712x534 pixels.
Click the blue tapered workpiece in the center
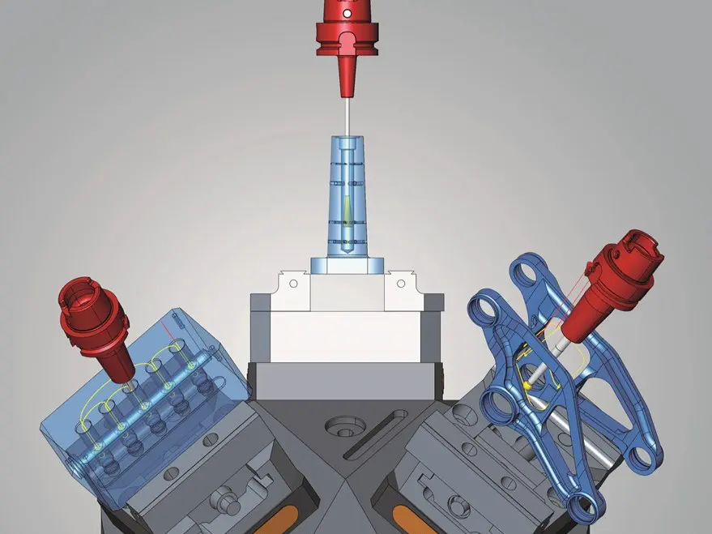coord(347,194)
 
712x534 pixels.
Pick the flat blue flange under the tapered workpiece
coord(347,265)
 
